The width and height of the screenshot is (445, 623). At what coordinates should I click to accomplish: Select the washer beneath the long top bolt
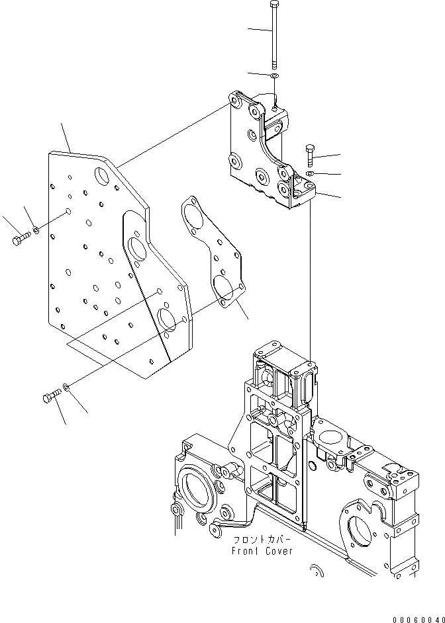tap(274, 75)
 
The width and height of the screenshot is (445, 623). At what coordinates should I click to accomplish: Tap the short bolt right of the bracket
tap(311, 155)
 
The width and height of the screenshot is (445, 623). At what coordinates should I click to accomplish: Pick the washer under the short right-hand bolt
tap(310, 173)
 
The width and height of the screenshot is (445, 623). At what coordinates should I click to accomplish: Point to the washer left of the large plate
tap(36, 230)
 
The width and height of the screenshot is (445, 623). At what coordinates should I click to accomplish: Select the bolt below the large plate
tap(51, 396)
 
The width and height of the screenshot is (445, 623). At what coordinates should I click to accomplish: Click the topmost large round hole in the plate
tap(103, 177)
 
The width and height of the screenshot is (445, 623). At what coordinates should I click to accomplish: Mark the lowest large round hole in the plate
tap(168, 318)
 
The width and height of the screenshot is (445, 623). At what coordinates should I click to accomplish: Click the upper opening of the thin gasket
tap(196, 214)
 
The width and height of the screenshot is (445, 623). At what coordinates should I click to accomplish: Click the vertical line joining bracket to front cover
tap(310, 278)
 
